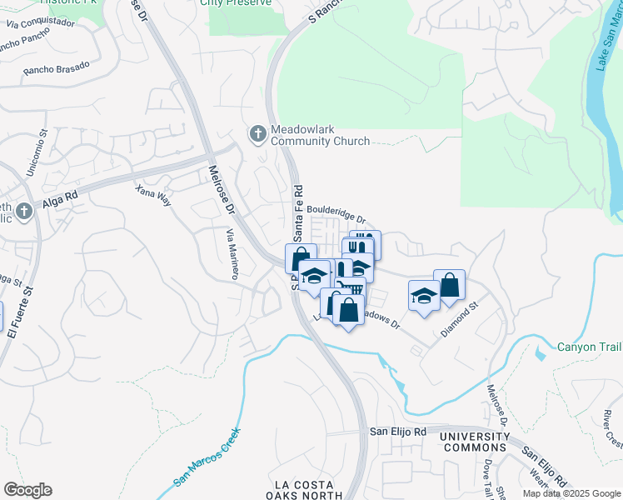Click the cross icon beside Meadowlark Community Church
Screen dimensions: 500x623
258,133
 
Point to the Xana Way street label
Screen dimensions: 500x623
154,197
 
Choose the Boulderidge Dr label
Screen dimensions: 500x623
336,213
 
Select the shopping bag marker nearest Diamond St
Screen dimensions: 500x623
449,284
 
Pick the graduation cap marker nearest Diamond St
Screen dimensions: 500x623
424,295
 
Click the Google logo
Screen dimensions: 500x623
27,490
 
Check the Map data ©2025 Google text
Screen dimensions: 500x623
572,493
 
